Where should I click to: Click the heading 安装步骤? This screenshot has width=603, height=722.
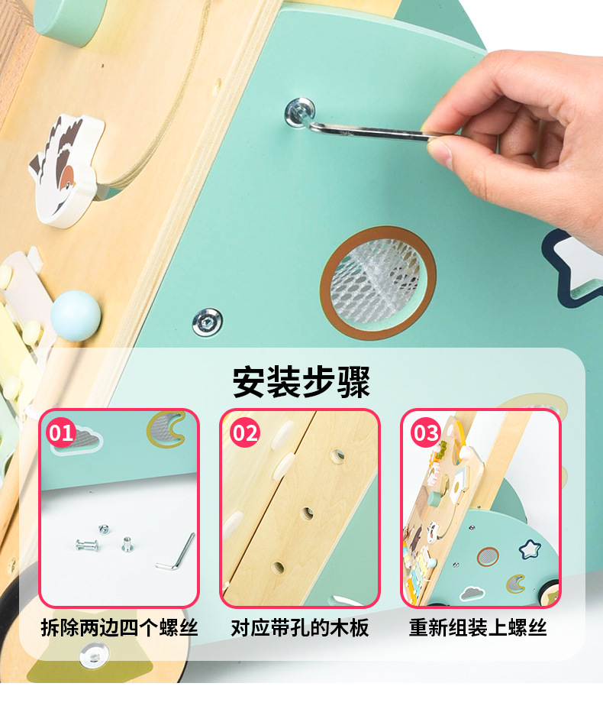[x=301, y=381]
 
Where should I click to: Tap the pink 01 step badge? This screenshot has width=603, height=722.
[x=62, y=433]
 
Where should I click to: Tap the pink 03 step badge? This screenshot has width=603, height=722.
[x=425, y=433]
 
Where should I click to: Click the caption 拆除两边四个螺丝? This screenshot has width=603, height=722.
[x=119, y=628]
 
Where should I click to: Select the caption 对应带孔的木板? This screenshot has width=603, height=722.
[x=300, y=628]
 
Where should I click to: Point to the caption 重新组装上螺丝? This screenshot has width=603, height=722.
[x=479, y=628]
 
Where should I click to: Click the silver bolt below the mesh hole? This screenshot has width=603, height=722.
[x=207, y=322]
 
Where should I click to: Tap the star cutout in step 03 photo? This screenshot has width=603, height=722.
[x=529, y=549]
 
